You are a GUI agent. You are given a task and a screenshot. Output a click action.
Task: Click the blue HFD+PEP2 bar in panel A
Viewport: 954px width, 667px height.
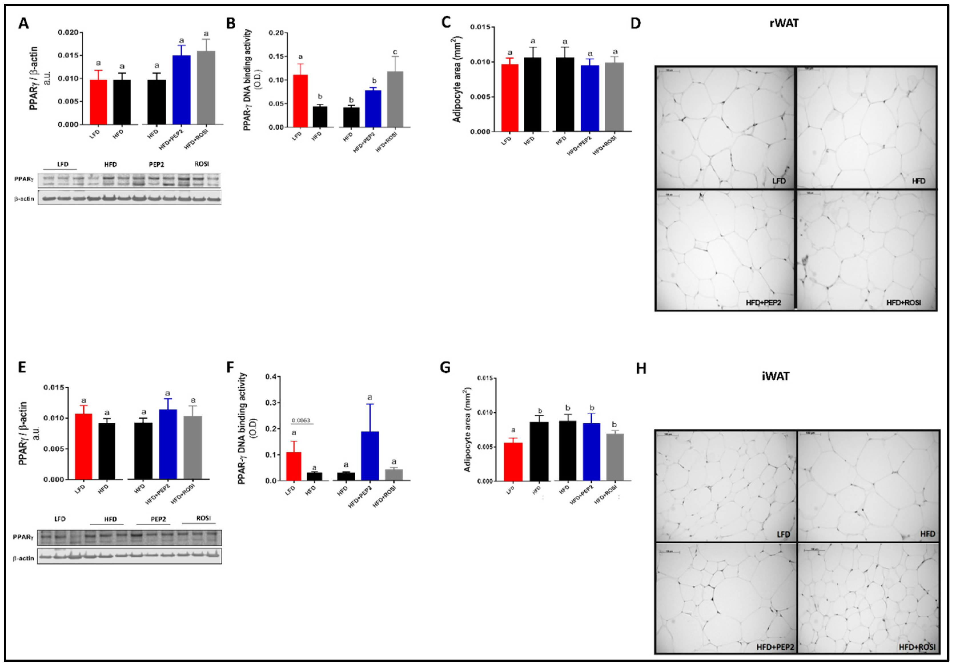pos(182,90)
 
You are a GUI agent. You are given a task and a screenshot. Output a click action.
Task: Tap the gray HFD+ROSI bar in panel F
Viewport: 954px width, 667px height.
pos(394,475)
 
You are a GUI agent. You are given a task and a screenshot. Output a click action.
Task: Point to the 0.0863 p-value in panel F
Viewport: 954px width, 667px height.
pos(301,420)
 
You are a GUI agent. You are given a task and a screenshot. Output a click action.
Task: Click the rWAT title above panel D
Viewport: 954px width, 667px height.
pos(784,23)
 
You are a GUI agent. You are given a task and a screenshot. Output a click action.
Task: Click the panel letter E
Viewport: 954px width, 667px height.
pos(22,368)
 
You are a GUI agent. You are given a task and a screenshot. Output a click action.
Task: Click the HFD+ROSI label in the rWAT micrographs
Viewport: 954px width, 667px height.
pos(904,303)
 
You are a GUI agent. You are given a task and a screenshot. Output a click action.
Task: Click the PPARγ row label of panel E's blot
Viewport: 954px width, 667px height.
pos(23,537)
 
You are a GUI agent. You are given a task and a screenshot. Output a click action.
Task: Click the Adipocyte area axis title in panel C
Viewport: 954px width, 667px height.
pos(457,79)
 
